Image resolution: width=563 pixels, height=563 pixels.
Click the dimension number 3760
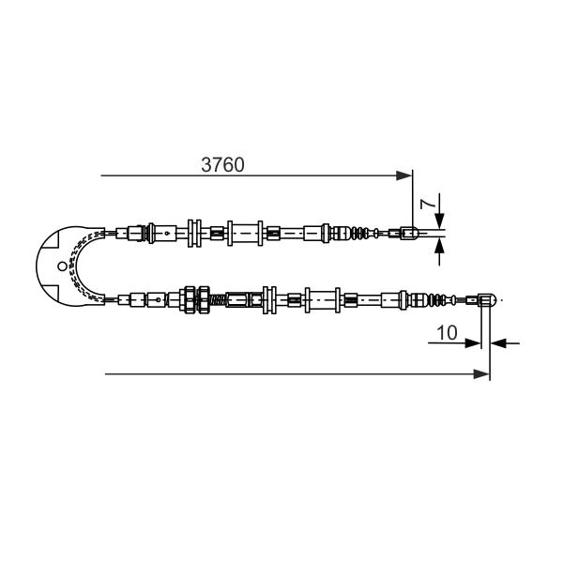tap(222, 165)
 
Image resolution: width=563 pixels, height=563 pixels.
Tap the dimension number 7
tap(429, 204)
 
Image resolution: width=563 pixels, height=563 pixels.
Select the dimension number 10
tap(447, 332)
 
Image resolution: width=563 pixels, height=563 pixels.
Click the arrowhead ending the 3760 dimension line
tap(403, 175)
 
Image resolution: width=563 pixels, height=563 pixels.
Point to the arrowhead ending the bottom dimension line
tap(481, 374)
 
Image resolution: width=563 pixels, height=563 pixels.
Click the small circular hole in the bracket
tap(62, 266)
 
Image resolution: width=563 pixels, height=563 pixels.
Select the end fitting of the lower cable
tap(487, 300)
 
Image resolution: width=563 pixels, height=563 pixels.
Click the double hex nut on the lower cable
tap(196, 299)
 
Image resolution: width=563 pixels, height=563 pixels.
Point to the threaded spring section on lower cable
tap(218, 299)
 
